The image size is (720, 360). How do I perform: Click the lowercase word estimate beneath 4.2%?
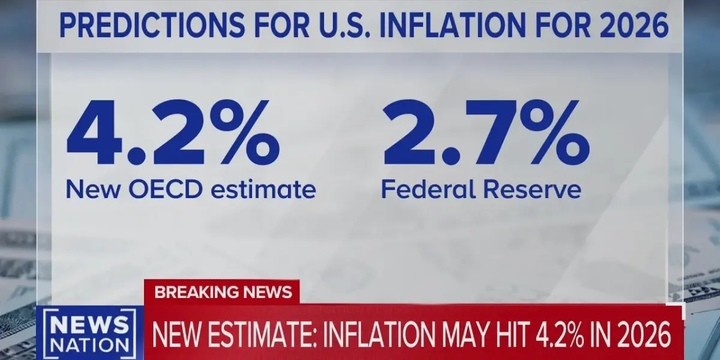coord(266,190)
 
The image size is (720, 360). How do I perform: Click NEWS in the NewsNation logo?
coord(91,325)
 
